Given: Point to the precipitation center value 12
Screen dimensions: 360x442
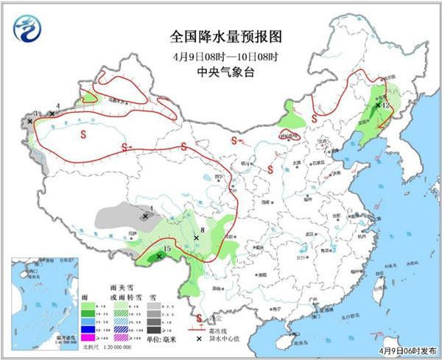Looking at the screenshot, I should click(x=385, y=105).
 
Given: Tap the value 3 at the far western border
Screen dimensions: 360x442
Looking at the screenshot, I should click(x=36, y=113).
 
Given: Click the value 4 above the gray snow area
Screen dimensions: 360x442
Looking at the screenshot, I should click(x=151, y=208).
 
